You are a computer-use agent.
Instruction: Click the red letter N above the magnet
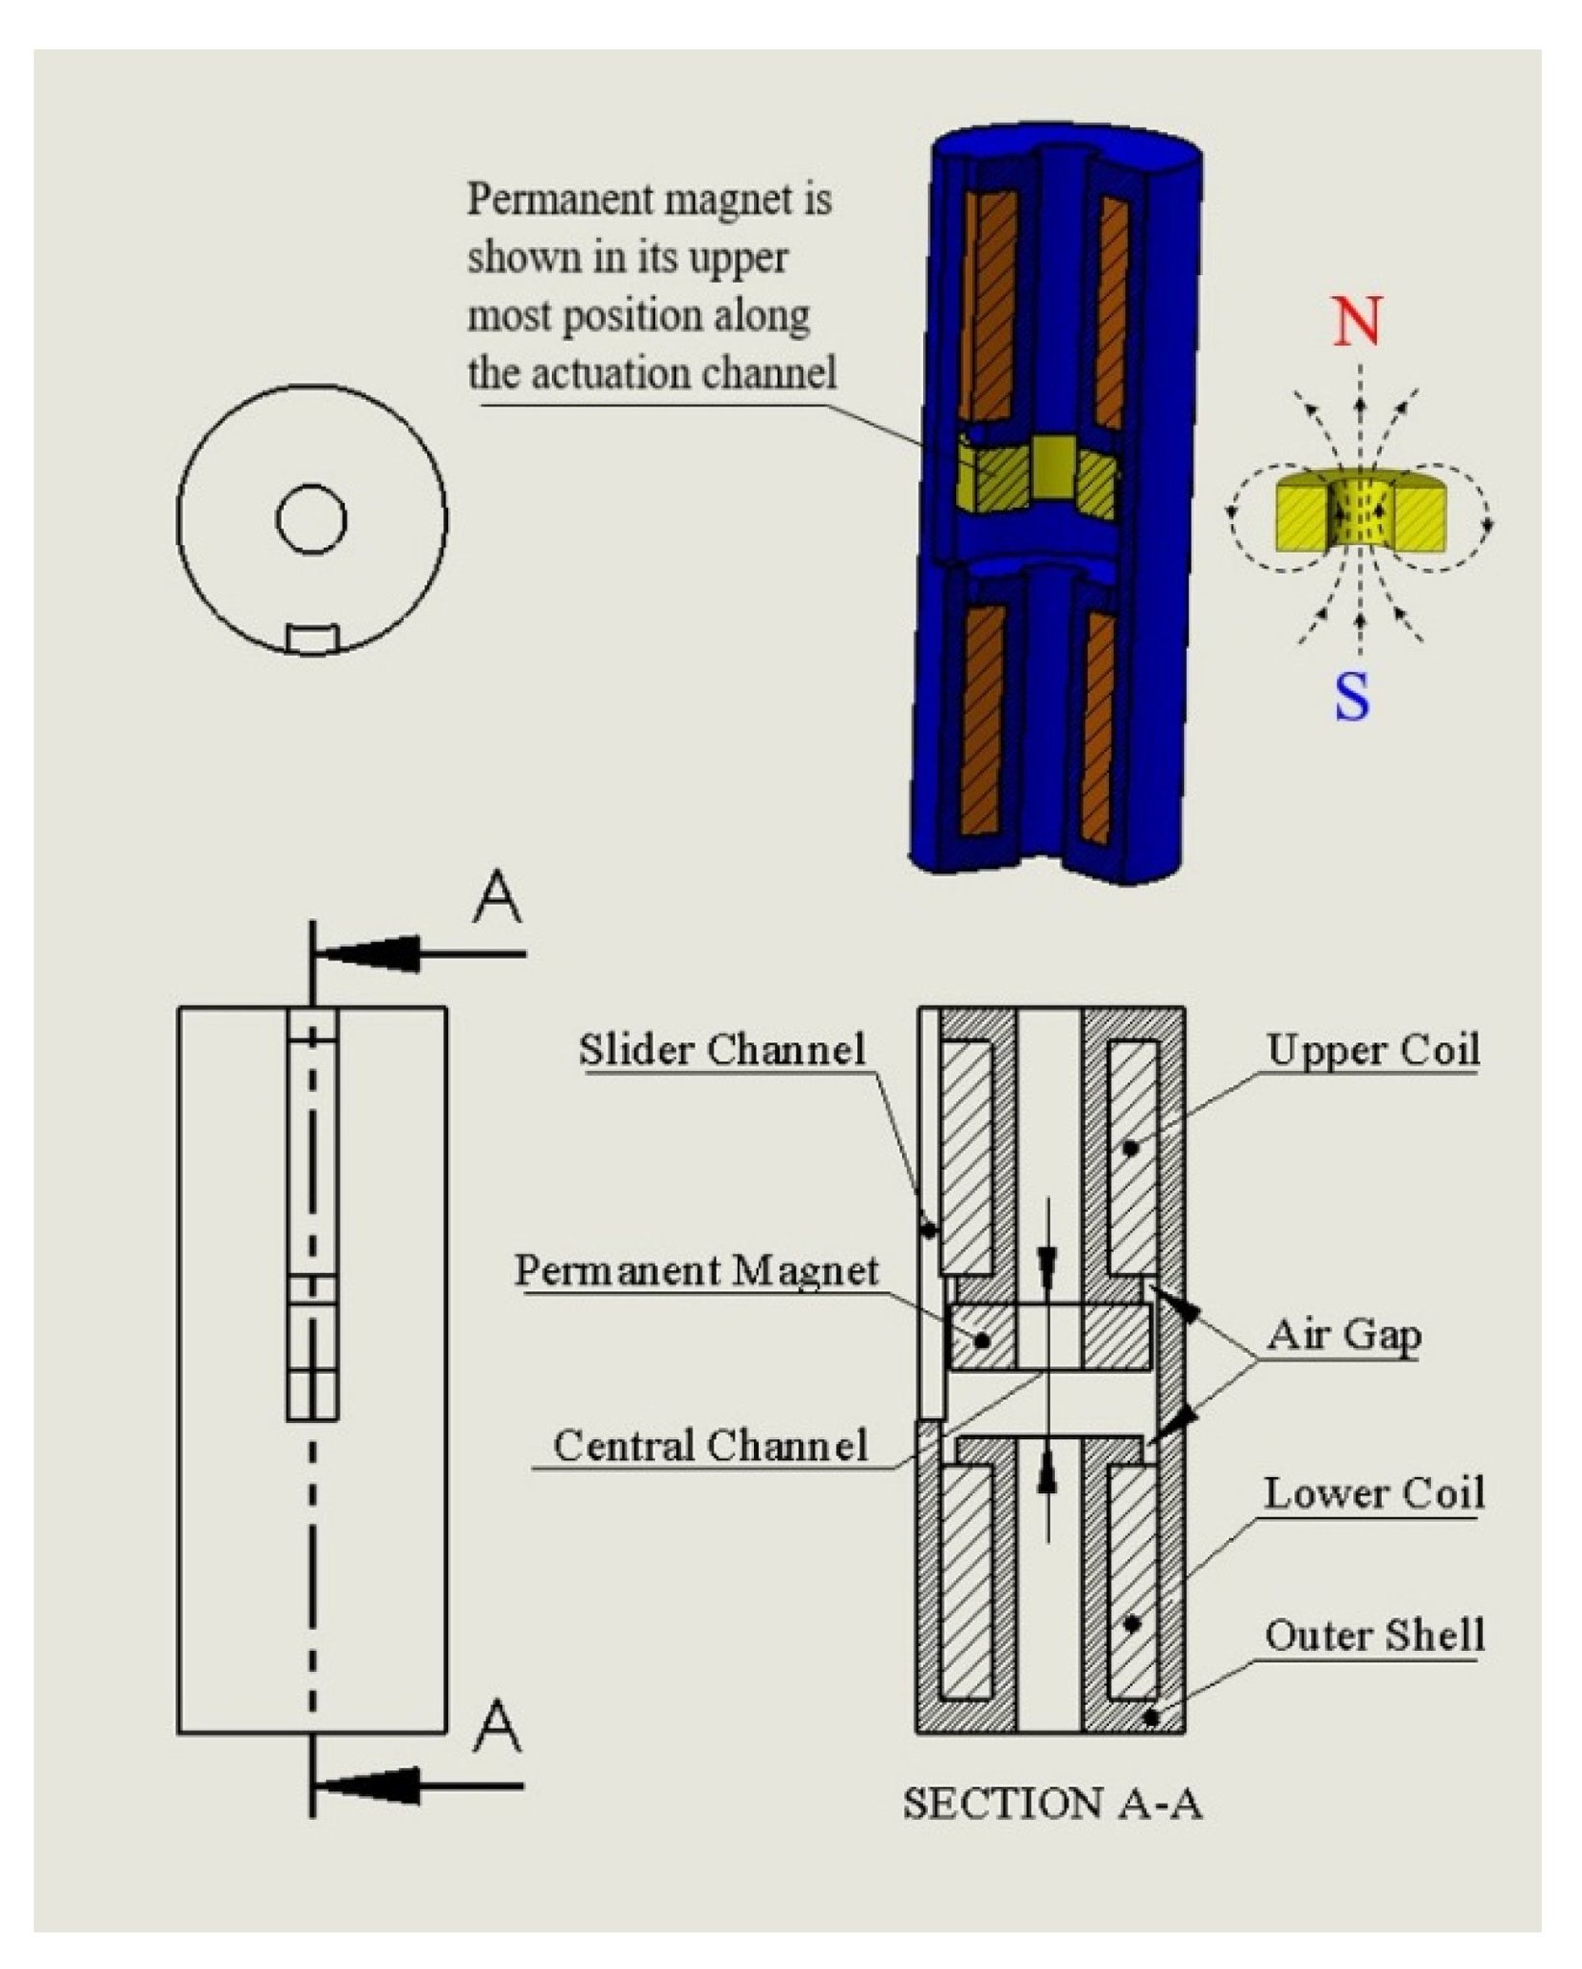point(1357,322)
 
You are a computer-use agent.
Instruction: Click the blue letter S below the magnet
point(1351,697)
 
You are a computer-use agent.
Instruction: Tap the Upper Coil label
point(1372,1050)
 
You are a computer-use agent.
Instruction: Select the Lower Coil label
point(1374,1493)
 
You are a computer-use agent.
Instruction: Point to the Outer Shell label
point(1374,1635)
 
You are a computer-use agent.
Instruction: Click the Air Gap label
point(1343,1334)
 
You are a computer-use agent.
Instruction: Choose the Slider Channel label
point(722,1050)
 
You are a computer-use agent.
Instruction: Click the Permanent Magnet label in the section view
point(696,1271)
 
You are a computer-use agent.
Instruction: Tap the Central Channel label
point(710,1446)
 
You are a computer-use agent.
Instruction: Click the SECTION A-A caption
point(1052,1804)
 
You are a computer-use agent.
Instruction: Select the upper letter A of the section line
point(497,899)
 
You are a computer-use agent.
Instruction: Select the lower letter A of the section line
point(497,1727)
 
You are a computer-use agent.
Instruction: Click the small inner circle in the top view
point(312,519)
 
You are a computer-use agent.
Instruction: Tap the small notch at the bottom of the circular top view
point(312,638)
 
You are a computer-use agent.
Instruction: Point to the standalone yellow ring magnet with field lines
point(1359,512)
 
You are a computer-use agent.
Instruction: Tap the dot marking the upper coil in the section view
point(1131,1147)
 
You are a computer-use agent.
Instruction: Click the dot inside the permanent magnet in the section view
point(982,1339)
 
